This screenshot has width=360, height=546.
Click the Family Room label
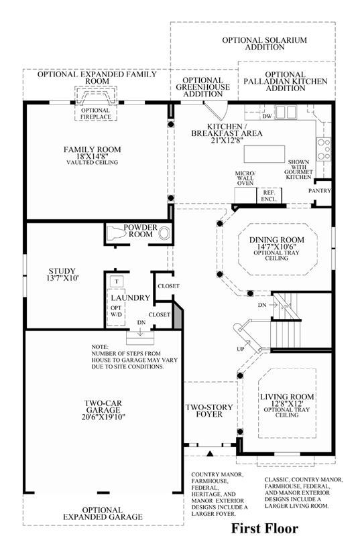pos(92,149)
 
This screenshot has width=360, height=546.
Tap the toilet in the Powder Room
pos(116,232)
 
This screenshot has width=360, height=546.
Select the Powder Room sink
pos(164,233)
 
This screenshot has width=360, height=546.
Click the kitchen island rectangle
pos(264,154)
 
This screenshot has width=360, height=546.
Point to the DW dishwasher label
pos(267,116)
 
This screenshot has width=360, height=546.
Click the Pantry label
pos(320,191)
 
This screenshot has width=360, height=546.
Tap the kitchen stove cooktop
pos(323,149)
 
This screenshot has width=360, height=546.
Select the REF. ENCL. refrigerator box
pos(269,196)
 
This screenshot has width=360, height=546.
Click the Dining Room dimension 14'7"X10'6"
pos(276,247)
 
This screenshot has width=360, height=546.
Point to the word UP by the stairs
pos(241,349)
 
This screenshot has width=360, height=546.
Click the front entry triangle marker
pos(210,454)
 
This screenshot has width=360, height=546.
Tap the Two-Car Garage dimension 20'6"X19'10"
pos(103,417)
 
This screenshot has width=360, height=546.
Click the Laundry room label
pos(130,297)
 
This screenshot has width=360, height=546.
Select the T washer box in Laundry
pos(117,281)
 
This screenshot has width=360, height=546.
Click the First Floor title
pos(265,528)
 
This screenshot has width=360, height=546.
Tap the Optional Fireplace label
pos(95,113)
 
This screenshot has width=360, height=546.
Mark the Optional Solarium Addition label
pos(265,44)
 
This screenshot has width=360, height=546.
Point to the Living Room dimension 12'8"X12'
pos(287,403)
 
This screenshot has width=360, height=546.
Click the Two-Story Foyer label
pos(209,411)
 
